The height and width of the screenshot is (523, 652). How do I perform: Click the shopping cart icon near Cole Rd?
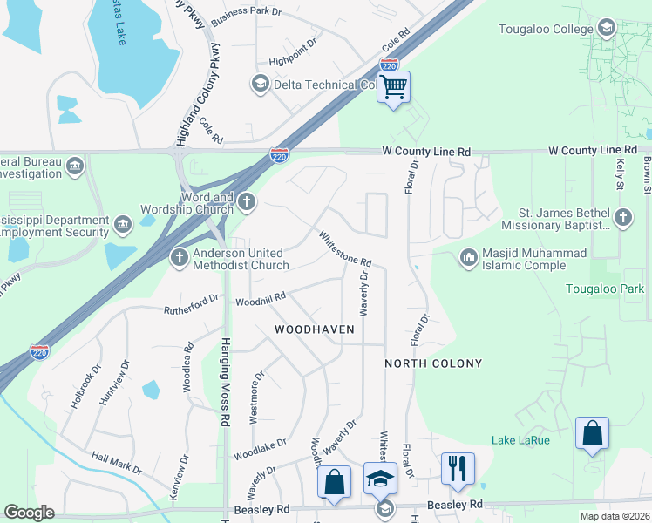tap(394, 87)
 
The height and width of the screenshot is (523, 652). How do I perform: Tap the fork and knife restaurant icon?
tap(457, 468)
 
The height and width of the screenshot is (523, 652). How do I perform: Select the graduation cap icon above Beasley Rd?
tap(381, 479)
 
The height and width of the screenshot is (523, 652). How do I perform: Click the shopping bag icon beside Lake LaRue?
tap(592, 433)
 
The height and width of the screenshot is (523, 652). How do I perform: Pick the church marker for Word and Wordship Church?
tap(247, 203)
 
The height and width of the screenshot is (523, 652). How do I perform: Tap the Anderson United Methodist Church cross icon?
tap(180, 257)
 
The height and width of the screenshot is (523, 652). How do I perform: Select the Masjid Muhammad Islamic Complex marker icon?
tap(469, 256)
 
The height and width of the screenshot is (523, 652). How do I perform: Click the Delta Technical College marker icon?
tap(260, 84)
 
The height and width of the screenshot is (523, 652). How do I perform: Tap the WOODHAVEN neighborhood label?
tap(315, 329)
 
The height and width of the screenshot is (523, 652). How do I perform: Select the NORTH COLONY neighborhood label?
tap(433, 363)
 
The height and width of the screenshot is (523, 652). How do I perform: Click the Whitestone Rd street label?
tap(345, 248)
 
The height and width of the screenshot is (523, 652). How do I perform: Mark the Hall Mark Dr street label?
tap(116, 463)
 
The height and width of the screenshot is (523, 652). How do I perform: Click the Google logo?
tap(29, 513)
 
